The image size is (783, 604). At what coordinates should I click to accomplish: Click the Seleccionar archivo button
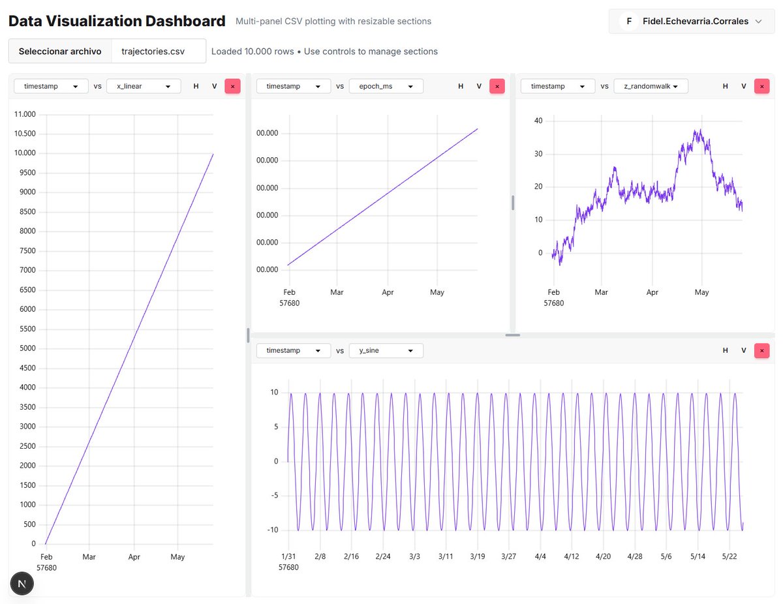click(x=60, y=51)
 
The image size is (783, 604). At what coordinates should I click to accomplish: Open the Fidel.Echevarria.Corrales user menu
click(x=691, y=22)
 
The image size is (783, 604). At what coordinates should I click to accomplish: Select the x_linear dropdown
click(x=144, y=86)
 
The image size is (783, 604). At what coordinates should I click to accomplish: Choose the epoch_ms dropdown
click(x=386, y=86)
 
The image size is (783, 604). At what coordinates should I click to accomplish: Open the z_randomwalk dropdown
click(x=651, y=86)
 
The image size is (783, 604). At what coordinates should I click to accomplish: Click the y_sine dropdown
click(x=386, y=350)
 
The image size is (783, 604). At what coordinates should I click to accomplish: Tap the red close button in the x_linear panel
click(x=232, y=87)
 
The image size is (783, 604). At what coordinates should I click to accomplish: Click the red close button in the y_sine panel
click(x=761, y=350)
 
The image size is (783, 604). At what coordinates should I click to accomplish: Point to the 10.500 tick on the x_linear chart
click(x=25, y=134)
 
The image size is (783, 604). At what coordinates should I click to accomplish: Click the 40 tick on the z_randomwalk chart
click(x=538, y=121)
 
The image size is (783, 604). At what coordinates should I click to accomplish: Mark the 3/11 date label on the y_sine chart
click(x=446, y=556)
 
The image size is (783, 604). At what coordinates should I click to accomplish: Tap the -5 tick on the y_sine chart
click(x=275, y=495)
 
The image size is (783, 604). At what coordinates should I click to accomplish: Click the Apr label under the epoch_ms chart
click(x=388, y=292)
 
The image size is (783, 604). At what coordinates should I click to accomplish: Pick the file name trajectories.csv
click(x=153, y=51)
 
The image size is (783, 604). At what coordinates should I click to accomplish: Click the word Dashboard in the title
click(x=185, y=21)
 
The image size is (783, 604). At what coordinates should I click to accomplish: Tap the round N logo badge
click(x=22, y=584)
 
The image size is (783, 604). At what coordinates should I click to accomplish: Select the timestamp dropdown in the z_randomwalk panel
click(x=557, y=86)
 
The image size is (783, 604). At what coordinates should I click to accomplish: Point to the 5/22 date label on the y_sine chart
click(x=729, y=556)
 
